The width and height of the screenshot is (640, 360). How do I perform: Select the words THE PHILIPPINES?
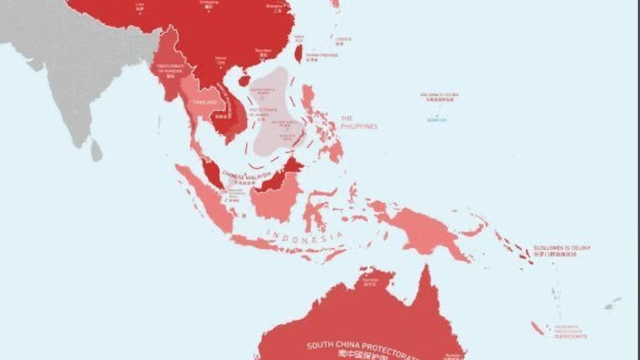pyautogui.click(x=359, y=123)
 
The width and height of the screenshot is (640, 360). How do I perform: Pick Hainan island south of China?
pyautogui.click(x=244, y=81)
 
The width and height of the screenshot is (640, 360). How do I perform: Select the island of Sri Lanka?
pyautogui.click(x=95, y=150)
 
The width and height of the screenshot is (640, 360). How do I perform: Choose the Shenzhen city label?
pyautogui.click(x=263, y=51)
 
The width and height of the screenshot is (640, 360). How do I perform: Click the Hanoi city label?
pyautogui.click(x=221, y=59)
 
